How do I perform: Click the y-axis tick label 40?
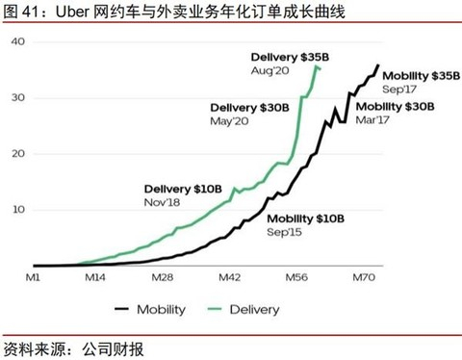(18, 41)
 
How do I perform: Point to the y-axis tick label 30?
(18, 97)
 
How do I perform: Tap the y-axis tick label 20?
(18, 154)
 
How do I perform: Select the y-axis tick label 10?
(18, 210)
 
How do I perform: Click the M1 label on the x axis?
(33, 277)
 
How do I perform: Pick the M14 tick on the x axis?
(95, 277)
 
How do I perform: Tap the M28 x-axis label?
(163, 277)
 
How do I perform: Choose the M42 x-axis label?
(229, 277)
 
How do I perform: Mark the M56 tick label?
(296, 277)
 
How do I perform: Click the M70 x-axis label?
(364, 277)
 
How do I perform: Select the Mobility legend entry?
(150, 310)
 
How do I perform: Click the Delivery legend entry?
(244, 310)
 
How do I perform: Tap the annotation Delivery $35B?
(290, 57)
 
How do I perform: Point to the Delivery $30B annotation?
(249, 108)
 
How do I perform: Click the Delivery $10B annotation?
(183, 189)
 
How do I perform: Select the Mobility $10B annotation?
(306, 219)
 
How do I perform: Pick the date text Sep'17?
(399, 90)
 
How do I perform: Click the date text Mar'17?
(372, 120)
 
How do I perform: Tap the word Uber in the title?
(72, 12)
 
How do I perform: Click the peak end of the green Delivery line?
(317, 66)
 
